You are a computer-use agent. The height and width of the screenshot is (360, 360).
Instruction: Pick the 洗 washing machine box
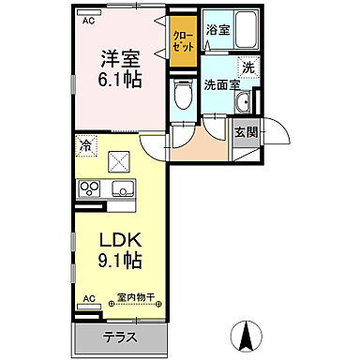click(x=248, y=67)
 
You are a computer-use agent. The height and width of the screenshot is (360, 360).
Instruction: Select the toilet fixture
click(x=184, y=96)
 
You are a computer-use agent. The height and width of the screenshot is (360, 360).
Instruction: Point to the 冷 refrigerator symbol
click(x=85, y=146)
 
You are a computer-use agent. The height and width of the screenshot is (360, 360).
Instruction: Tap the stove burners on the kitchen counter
click(x=89, y=188)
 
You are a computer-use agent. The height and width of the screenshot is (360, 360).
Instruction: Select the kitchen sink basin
click(x=122, y=188)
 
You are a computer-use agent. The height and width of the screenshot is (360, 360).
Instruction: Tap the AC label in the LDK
click(x=90, y=299)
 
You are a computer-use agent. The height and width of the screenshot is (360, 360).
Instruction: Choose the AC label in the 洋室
click(x=89, y=19)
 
